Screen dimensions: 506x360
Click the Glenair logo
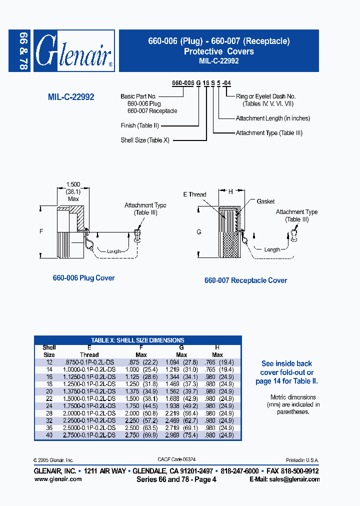74,51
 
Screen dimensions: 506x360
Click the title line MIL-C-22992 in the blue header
218,61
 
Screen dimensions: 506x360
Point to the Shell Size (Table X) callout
145,140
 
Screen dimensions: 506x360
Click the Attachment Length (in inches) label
272,118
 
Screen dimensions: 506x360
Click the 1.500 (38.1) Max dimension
73,191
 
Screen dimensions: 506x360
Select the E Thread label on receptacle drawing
194,194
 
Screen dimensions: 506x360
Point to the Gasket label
265,201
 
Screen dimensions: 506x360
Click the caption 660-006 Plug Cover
83,278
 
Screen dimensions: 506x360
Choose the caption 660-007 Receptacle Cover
245,280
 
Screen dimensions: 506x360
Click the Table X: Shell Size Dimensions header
137,340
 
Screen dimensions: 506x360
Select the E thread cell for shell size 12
89,361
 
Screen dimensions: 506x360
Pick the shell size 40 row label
49,435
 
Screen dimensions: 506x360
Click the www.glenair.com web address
57,479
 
